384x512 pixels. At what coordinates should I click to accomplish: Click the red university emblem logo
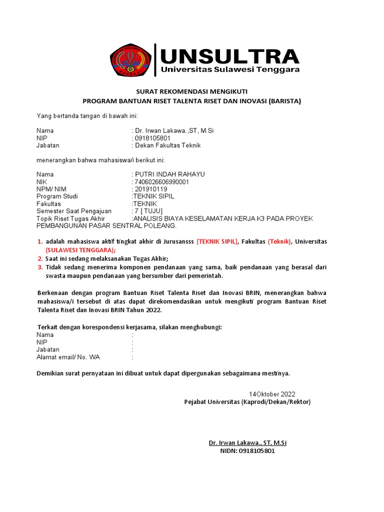tap(131, 60)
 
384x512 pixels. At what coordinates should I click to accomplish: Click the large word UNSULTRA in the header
tap(229, 55)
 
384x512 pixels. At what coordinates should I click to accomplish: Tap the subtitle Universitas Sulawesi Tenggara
tap(230, 70)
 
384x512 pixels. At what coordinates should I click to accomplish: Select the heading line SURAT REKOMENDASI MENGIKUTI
tap(192, 91)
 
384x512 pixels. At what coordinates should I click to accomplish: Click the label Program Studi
tap(57, 196)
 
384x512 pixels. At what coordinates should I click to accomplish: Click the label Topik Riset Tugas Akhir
tap(70, 218)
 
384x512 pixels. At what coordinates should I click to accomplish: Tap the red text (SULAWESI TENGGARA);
tap(80, 250)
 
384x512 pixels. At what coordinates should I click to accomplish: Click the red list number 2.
tap(40, 258)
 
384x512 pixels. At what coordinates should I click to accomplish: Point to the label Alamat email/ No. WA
tap(68, 357)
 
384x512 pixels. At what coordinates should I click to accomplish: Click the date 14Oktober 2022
tap(272, 394)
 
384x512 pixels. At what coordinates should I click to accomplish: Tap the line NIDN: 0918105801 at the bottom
tap(247, 450)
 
